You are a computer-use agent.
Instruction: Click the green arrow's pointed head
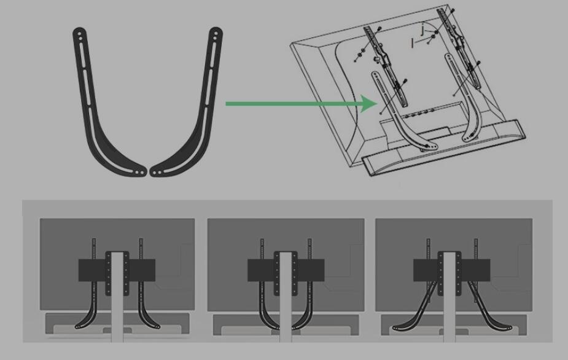tap(370, 104)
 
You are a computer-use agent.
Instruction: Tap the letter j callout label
tap(422, 29)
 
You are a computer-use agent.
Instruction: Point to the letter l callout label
tap(412, 43)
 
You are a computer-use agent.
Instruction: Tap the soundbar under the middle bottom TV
tap(286, 325)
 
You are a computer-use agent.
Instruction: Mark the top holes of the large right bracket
tap(216, 34)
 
